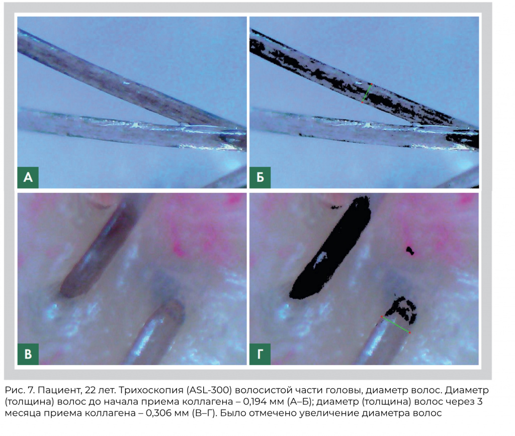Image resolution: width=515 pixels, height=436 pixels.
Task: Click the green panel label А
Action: pos(28,177)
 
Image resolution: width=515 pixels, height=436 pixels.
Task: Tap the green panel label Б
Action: pos(260,177)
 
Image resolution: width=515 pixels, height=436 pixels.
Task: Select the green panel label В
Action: pos(28,354)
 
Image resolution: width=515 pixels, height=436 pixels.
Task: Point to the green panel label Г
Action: pos(260,354)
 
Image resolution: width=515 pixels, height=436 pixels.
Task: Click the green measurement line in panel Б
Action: pos(367,93)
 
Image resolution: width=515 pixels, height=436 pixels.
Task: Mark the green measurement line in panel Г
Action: pos(395,324)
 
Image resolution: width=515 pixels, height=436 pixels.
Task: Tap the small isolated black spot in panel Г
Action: pos(410,251)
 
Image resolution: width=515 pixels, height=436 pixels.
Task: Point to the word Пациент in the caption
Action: pos(60,390)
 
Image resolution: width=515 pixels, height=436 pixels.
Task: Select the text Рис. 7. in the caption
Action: pos(20,390)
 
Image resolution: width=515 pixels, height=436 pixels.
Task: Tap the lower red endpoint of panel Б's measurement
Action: pos(362,102)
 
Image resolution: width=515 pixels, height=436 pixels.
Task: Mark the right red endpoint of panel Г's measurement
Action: pos(409,333)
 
